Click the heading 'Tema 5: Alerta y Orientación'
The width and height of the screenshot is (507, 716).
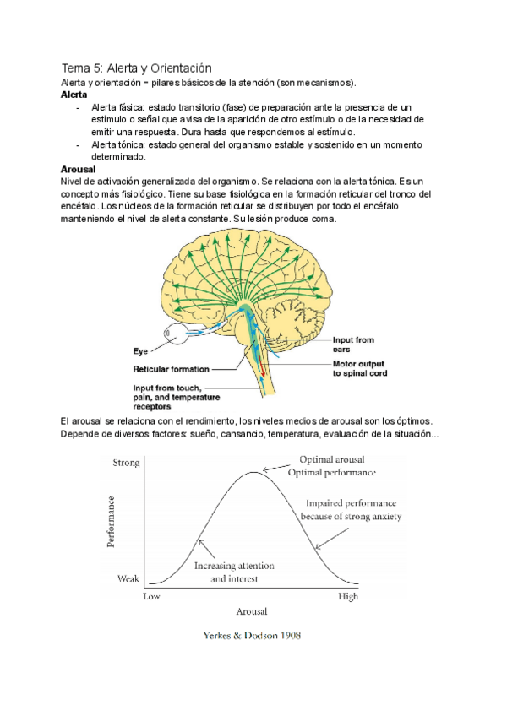tap(136, 68)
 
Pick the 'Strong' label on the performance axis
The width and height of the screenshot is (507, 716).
tap(127, 463)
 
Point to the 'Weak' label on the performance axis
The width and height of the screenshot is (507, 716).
tap(128, 579)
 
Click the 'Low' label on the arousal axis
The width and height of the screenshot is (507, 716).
tap(151, 596)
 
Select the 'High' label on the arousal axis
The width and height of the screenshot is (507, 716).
tap(347, 596)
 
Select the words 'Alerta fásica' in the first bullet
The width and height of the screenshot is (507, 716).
tap(118, 107)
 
